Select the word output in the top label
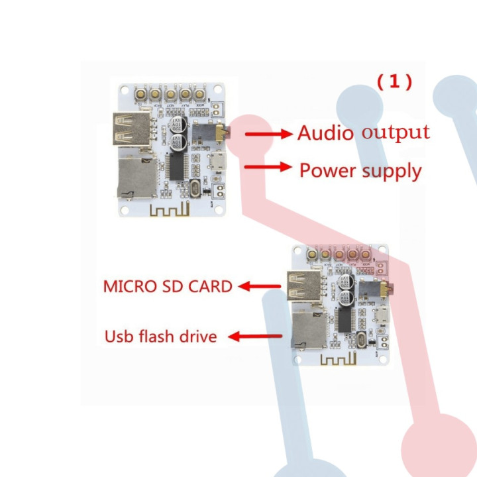tap(396, 132)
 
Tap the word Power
tap(329, 170)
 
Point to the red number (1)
tap(395, 81)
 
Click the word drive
tap(197, 337)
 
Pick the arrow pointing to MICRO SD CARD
tap(260, 286)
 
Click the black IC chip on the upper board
tap(176, 166)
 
